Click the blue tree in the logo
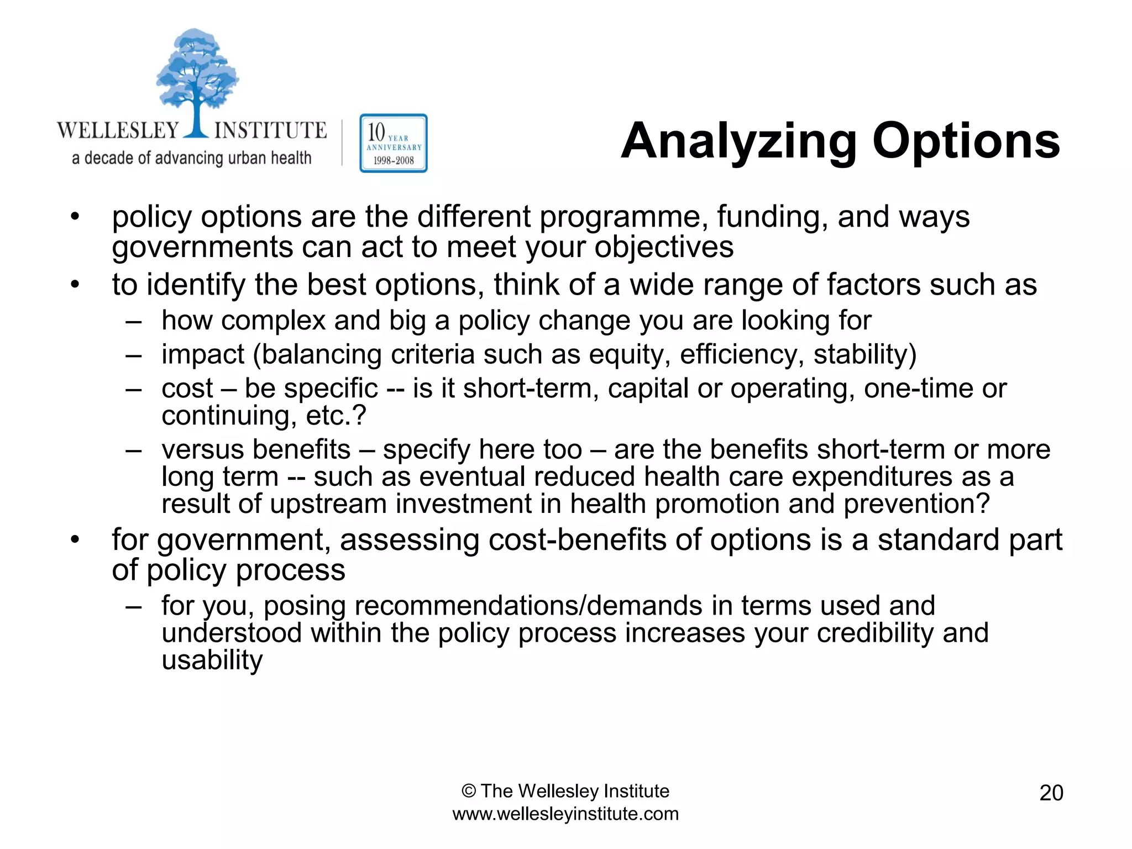[x=196, y=77]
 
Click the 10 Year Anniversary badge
[x=393, y=144]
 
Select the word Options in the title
[x=966, y=141]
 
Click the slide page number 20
[x=1051, y=793]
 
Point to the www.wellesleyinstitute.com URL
[x=565, y=814]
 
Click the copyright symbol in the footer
[x=468, y=791]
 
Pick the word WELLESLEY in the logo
[x=118, y=130]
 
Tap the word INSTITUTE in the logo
[x=270, y=130]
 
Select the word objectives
[x=664, y=248]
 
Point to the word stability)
[x=864, y=354]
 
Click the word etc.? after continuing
[x=336, y=416]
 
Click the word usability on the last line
[x=212, y=661]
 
